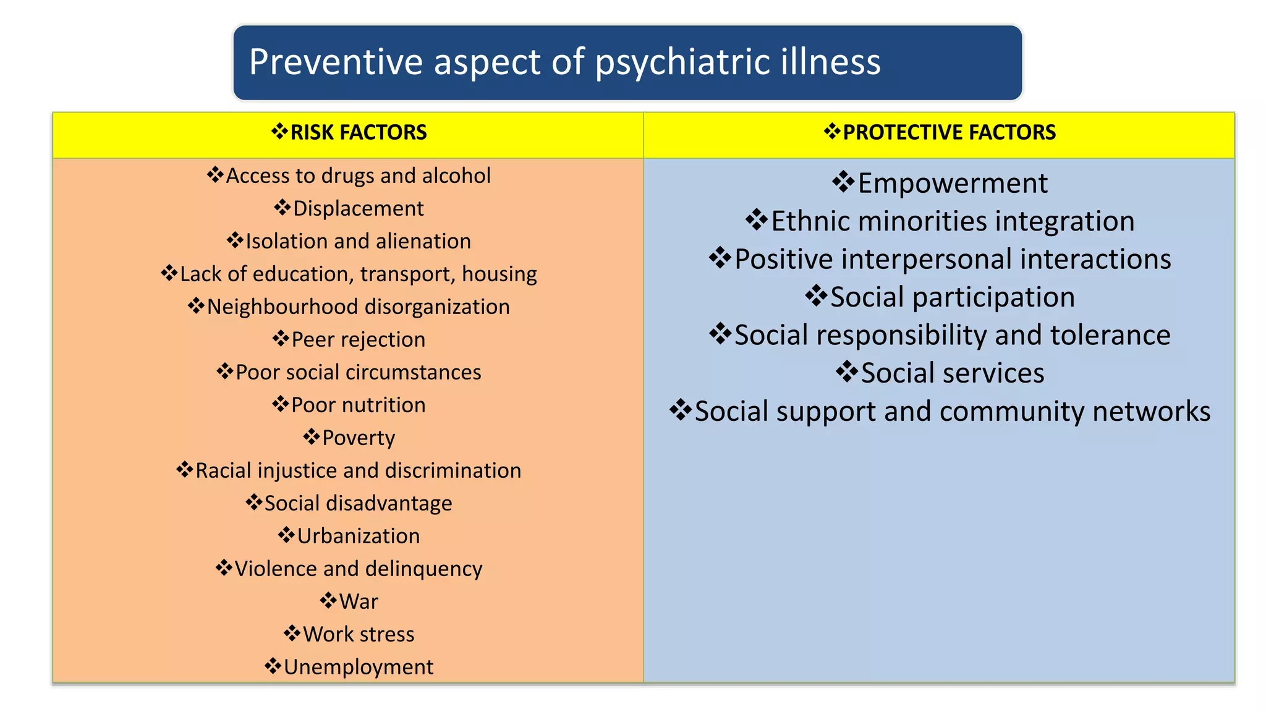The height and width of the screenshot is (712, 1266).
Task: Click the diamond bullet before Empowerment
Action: click(x=843, y=182)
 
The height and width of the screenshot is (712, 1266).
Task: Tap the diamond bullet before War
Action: click(x=328, y=600)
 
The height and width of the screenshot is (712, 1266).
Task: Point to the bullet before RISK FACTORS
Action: click(x=280, y=131)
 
